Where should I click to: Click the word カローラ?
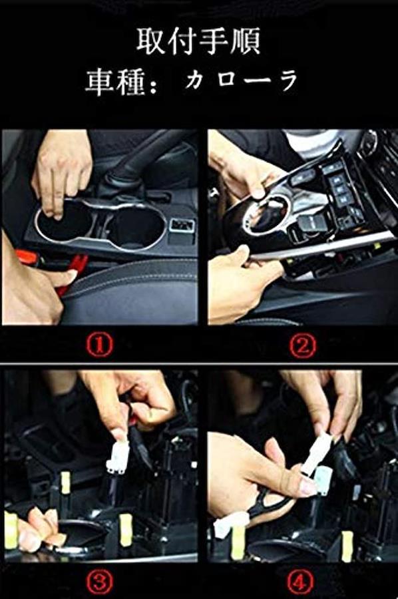[242, 81]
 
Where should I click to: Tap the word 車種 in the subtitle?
[115, 82]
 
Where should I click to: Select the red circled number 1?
[99, 345]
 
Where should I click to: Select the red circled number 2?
[302, 345]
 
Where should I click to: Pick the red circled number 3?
[99, 582]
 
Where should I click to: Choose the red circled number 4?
[300, 582]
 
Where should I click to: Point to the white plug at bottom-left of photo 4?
[224, 528]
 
